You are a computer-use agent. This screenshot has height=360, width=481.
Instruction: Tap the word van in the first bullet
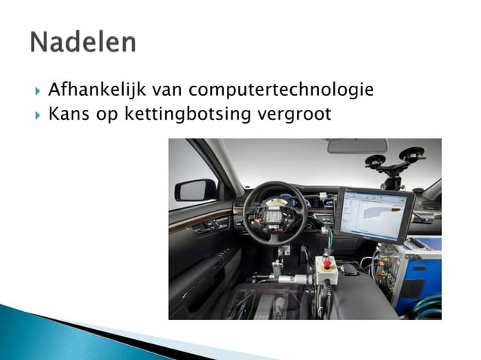tap(167, 91)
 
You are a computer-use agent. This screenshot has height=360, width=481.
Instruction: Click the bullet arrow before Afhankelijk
tap(37, 92)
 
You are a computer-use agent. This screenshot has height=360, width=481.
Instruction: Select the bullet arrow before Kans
tap(37, 114)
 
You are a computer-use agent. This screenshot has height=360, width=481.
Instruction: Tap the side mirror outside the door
tap(195, 189)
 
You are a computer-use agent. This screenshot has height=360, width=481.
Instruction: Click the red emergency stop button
tap(328, 264)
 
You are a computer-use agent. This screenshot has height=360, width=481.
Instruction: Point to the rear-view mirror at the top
tap(357, 145)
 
